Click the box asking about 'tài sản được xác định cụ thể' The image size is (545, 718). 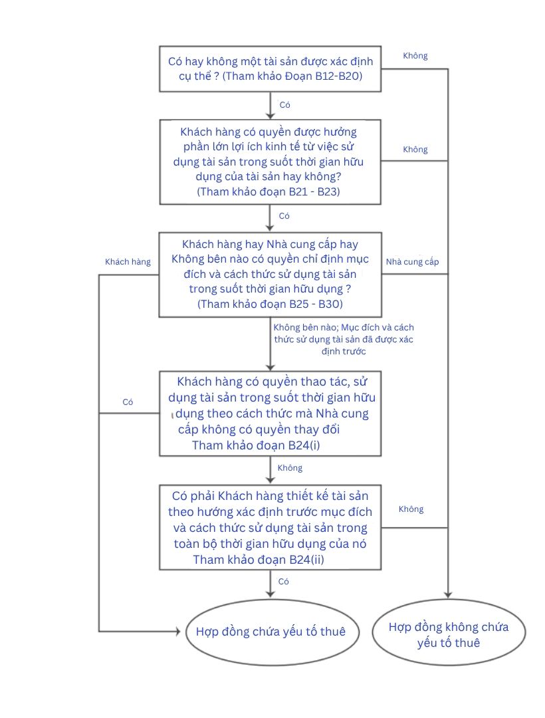pyautogui.click(x=270, y=68)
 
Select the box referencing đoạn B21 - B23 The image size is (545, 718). pyautogui.click(x=270, y=161)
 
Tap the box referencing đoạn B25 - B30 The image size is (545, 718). pyautogui.click(x=270, y=274)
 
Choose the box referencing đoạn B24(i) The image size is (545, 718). pyautogui.click(x=270, y=414)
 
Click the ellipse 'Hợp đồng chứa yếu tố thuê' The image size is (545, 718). pyautogui.click(x=266, y=632)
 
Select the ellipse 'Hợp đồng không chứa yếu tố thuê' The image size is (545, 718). pyautogui.click(x=449, y=635)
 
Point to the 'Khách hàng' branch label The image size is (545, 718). pyautogui.click(x=128, y=262)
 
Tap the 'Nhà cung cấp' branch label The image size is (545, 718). pyautogui.click(x=413, y=262)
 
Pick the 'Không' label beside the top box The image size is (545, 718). pyautogui.click(x=415, y=56)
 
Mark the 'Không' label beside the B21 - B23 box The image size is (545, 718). pyautogui.click(x=415, y=150)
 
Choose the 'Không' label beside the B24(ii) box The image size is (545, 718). pyautogui.click(x=411, y=509)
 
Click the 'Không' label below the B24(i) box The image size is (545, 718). pyautogui.click(x=290, y=468)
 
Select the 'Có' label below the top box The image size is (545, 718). pyautogui.click(x=284, y=105)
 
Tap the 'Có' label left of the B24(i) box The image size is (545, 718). pyautogui.click(x=128, y=402)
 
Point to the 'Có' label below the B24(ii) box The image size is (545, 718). pyautogui.click(x=284, y=582)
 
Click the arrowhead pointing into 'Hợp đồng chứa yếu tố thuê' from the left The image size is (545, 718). pyautogui.click(x=177, y=631)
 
